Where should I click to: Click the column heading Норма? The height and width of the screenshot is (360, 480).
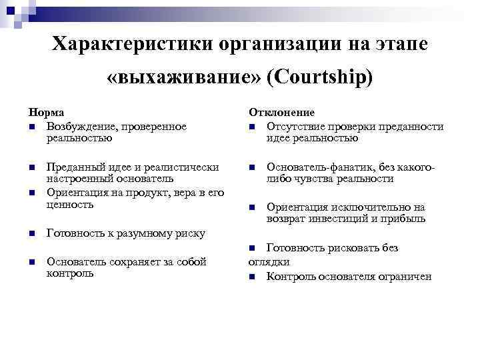(42, 113)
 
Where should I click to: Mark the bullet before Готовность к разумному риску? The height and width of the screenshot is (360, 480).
(31, 234)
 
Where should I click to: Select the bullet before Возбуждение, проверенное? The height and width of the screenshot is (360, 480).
(31, 127)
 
